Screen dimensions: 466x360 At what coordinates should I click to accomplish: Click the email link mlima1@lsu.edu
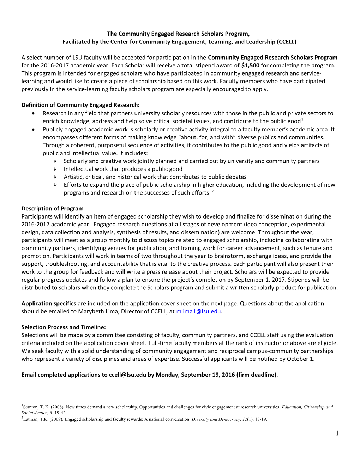[x=198, y=311]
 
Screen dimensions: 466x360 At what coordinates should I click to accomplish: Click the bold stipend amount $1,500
[x=250, y=65]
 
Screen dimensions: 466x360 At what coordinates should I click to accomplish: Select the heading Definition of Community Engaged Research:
[x=80, y=105]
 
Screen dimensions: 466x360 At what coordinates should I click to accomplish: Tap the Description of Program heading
[x=53, y=208]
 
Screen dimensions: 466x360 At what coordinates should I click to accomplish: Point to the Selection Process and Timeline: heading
[x=64, y=327]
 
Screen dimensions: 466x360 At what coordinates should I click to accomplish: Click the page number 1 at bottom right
[x=337, y=433]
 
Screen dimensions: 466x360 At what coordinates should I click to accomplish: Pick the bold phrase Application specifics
[x=49, y=303]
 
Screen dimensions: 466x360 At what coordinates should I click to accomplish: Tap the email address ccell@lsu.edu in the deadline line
[x=127, y=375]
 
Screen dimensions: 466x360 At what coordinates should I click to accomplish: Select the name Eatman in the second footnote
[x=31, y=419]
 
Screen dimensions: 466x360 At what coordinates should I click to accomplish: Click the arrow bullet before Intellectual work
[x=55, y=169]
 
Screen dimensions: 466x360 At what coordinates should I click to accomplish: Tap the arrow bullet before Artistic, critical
[x=55, y=177]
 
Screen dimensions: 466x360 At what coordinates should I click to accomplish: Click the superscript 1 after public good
[x=302, y=120]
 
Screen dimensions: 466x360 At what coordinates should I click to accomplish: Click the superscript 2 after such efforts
[x=213, y=191]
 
